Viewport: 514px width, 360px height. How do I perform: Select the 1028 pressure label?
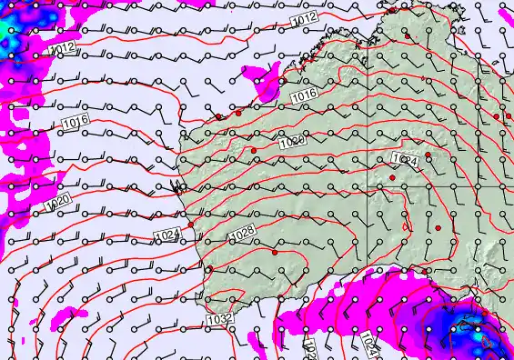[242, 235]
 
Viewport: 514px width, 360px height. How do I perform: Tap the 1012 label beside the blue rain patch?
[63, 48]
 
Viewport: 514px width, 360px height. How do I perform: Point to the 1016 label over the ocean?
[74, 122]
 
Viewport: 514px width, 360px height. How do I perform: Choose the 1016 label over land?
[303, 94]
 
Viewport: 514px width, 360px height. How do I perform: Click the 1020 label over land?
[292, 142]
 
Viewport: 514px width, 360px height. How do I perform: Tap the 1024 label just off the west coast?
[167, 235]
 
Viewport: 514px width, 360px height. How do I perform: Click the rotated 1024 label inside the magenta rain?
[367, 344]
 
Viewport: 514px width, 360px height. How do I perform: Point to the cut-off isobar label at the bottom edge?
[309, 349]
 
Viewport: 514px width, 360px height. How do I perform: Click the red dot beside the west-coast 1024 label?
[191, 224]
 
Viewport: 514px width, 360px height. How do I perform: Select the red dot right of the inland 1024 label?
[428, 155]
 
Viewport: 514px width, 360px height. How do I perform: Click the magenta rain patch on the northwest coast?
[267, 85]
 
